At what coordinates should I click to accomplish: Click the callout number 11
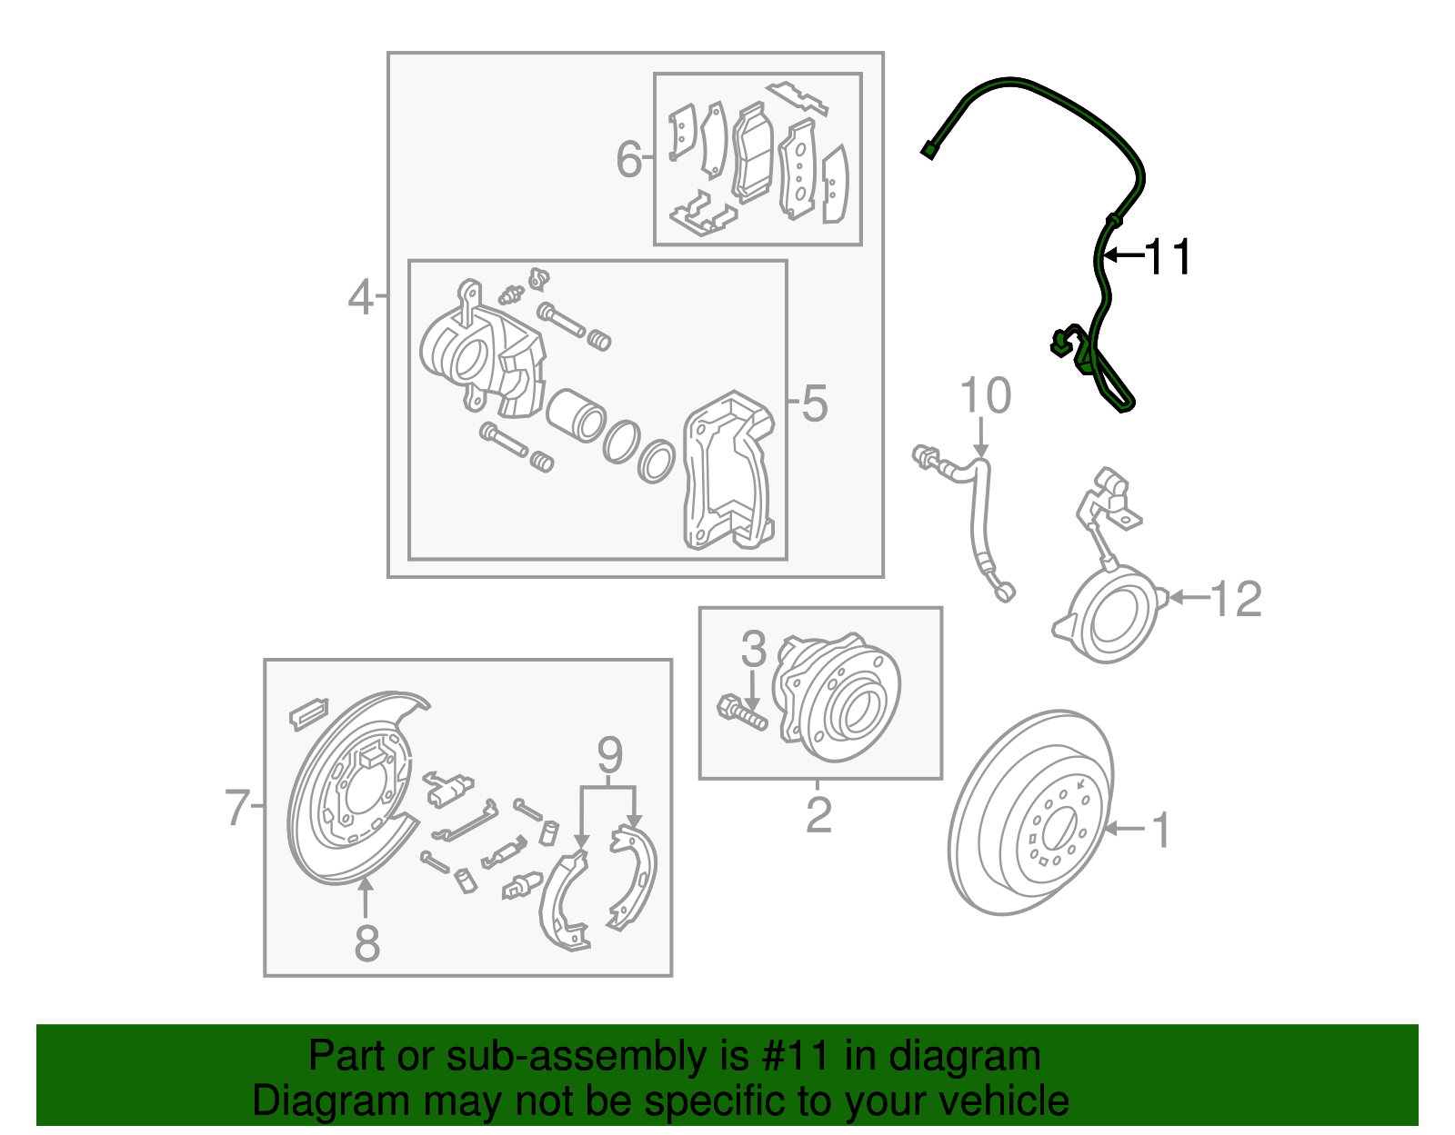(1167, 257)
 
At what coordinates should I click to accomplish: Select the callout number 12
(1236, 599)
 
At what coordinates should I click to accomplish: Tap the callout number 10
(985, 397)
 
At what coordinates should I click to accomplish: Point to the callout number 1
(1161, 830)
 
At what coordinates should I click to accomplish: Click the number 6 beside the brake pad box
(628, 159)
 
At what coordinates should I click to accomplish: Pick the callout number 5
(814, 403)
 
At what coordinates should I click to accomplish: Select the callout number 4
(360, 297)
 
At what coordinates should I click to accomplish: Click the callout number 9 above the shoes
(609, 755)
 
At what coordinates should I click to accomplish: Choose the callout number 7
(237, 807)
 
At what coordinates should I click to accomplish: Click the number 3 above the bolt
(753, 649)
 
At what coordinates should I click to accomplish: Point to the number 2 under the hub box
(818, 815)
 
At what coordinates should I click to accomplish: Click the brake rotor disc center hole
(1058, 830)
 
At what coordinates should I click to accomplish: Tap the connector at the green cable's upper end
(928, 151)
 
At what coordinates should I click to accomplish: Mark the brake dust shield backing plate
(350, 791)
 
